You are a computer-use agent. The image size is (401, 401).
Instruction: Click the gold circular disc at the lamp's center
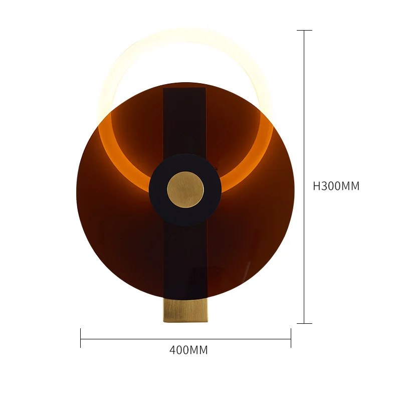185,189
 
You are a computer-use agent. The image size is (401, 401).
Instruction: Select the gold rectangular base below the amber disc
185,310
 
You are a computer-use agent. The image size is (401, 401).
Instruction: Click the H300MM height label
336,186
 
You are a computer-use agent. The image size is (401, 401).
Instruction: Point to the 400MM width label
188,350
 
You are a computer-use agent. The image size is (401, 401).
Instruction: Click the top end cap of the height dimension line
304,30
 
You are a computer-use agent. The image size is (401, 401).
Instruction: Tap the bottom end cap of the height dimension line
304,323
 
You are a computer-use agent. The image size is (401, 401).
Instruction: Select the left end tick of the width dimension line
81,338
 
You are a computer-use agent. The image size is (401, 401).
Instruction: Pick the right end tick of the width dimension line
291,338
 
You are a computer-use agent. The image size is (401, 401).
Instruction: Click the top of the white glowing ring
185,36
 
